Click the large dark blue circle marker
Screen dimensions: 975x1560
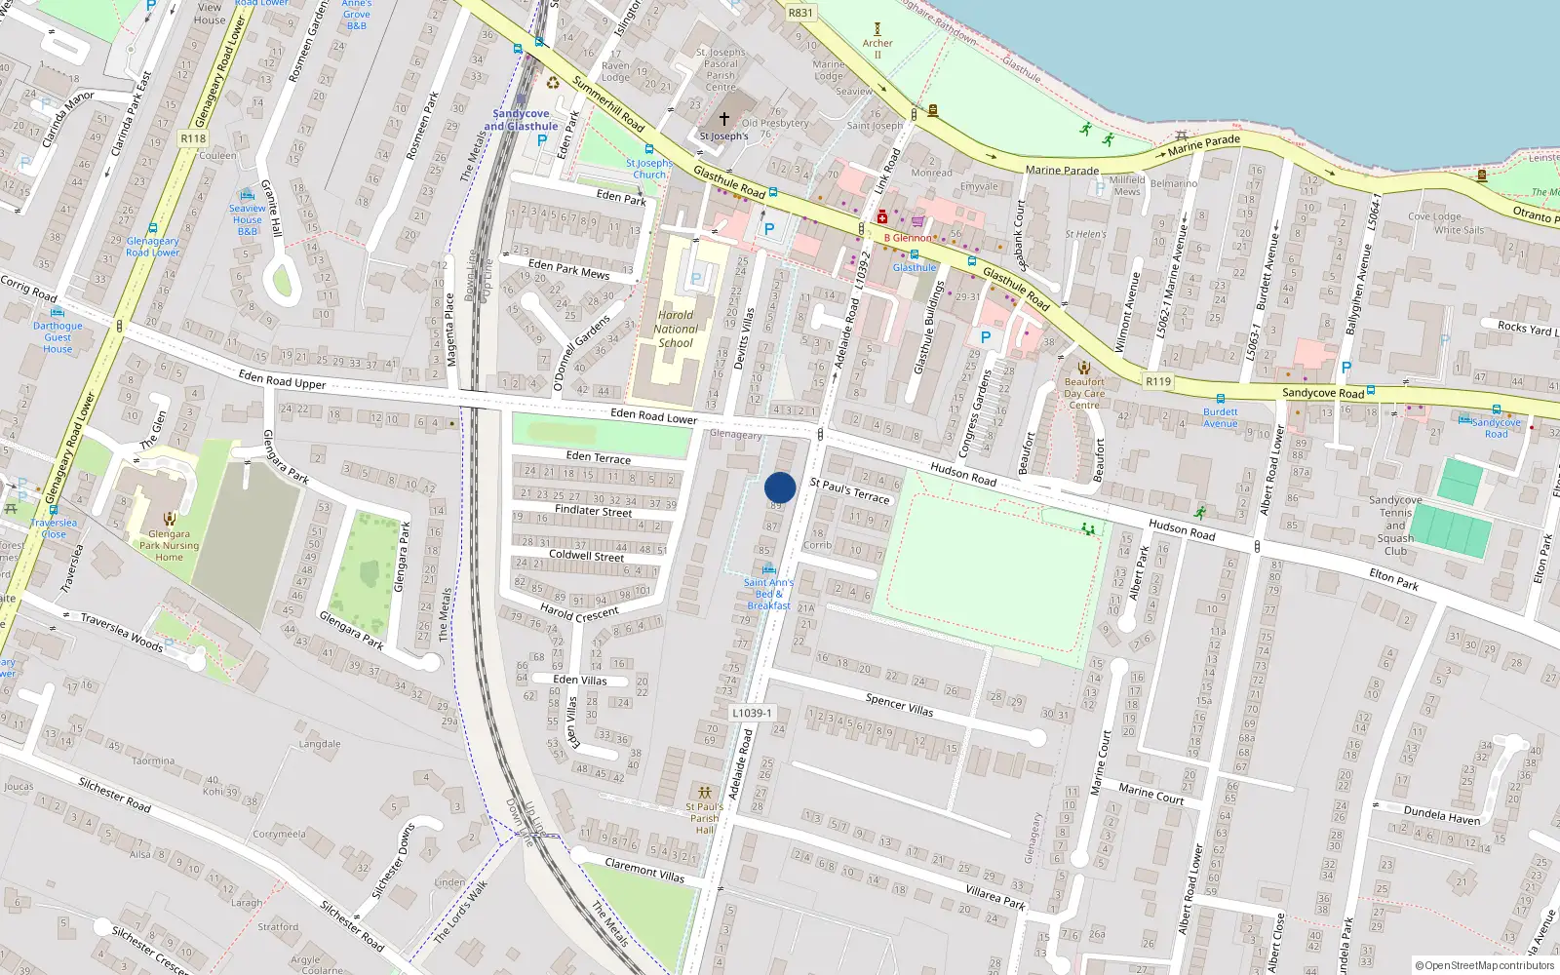tap(780, 487)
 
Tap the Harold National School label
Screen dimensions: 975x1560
tap(676, 329)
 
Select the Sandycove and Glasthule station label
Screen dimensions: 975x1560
tap(521, 120)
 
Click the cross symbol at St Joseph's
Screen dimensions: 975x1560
tap(723, 119)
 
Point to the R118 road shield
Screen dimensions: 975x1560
tap(193, 138)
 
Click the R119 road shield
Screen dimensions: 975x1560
tap(1158, 381)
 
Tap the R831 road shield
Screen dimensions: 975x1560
tap(799, 13)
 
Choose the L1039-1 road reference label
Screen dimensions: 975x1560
tap(752, 713)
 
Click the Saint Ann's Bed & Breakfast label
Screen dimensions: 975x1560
tap(768, 594)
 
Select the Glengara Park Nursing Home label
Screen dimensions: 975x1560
tap(169, 545)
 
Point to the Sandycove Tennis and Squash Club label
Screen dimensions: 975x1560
tap(1395, 526)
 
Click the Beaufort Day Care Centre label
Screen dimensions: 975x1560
tap(1084, 394)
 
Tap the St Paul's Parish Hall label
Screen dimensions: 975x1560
tap(704, 818)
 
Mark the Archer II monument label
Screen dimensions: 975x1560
tap(877, 48)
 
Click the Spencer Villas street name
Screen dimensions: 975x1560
tap(899, 705)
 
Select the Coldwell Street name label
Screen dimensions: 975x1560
tap(587, 555)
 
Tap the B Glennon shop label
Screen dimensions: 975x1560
tap(908, 238)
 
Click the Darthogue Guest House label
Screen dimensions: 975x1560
tap(58, 337)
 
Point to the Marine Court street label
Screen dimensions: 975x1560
tap(1150, 794)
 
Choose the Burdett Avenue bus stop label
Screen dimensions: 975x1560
tap(1220, 417)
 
